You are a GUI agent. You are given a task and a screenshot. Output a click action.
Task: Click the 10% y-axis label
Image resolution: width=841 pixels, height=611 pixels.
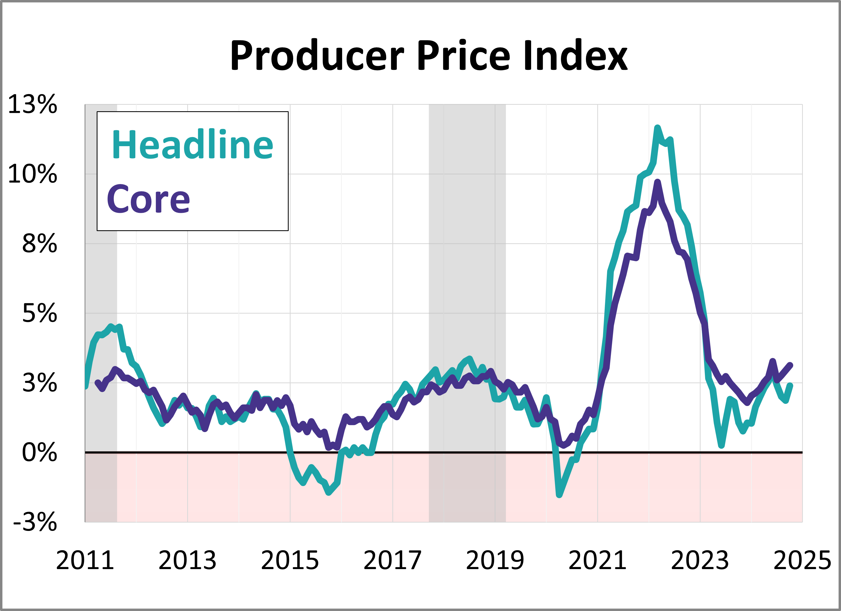tap(33, 174)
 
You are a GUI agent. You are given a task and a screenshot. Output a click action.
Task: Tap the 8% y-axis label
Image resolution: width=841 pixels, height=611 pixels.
tap(39, 244)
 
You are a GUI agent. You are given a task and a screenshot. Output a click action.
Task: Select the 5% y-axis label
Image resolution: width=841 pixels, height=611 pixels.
tap(39, 314)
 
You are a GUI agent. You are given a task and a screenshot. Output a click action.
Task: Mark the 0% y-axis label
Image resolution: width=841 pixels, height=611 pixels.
tap(39, 452)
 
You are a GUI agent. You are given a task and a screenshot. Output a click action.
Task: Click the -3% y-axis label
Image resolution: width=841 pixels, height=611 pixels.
tap(35, 522)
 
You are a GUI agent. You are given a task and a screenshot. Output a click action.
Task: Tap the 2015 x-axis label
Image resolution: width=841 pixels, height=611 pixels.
tap(290, 560)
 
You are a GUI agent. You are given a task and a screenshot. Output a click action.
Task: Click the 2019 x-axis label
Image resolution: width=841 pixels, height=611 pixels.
tap(495, 560)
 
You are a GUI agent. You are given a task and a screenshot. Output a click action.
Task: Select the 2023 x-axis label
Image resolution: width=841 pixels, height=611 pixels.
tap(700, 560)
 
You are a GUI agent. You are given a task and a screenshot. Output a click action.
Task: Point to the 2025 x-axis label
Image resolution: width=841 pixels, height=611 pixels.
tap(802, 560)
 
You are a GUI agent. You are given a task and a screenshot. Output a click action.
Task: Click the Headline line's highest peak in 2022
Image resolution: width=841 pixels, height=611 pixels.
tap(657, 128)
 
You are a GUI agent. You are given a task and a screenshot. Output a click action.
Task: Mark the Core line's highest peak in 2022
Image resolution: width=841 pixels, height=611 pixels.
tap(657, 182)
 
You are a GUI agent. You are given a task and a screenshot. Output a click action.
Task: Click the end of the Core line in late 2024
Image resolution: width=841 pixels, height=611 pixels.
tap(790, 365)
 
